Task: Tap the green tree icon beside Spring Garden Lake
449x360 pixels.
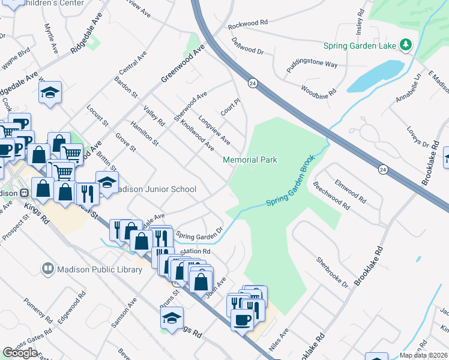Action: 406,45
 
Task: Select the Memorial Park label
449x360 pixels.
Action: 250,160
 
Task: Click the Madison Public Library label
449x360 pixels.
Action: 100,269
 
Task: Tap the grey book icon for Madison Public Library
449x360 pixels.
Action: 47,269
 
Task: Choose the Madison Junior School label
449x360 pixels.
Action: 157,189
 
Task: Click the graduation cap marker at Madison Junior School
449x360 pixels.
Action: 107,182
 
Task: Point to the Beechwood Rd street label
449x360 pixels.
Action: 331,197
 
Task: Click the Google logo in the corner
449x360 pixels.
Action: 20,352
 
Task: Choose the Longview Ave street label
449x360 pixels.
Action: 214,131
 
